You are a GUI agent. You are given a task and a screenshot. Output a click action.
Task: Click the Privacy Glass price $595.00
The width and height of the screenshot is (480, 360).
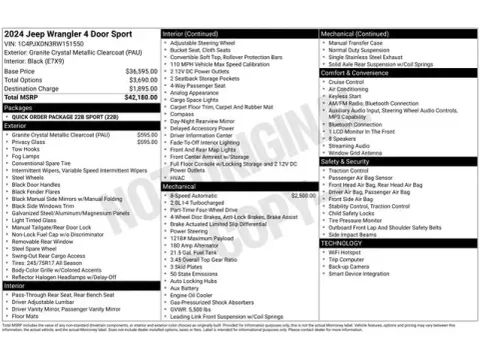coord(147,142)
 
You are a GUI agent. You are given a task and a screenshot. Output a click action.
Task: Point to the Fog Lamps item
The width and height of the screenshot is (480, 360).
coord(26,156)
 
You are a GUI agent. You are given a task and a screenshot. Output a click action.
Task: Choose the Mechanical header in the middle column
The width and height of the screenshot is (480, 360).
coord(180,186)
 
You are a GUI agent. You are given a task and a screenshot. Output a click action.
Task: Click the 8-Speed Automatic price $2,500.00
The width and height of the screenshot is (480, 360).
coord(303,195)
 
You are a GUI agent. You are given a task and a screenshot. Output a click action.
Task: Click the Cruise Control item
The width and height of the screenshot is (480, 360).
coord(349,82)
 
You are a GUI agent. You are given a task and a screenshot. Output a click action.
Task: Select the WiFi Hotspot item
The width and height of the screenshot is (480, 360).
coord(345,252)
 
